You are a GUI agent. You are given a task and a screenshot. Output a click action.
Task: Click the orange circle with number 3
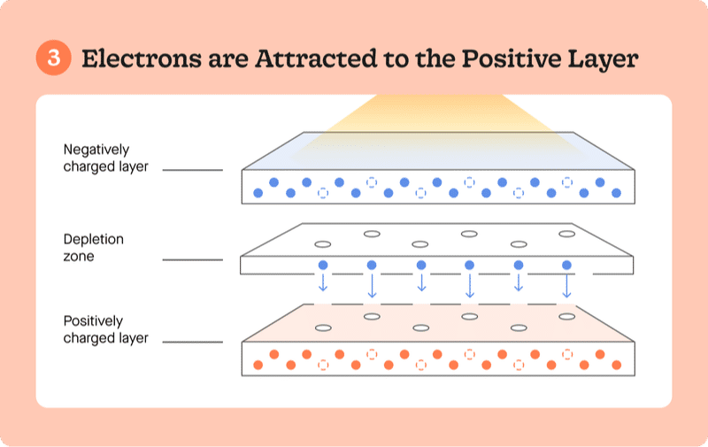coord(54,59)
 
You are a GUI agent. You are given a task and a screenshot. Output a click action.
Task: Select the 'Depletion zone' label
coord(94,248)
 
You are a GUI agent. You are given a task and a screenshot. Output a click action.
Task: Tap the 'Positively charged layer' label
coord(105,329)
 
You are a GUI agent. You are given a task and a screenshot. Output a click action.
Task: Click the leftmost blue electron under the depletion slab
coord(323,266)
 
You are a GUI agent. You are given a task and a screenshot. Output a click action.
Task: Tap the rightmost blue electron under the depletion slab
coord(566,266)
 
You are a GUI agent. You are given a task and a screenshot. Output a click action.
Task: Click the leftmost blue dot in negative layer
coord(258,192)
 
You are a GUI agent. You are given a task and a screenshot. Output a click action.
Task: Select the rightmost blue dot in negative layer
coord(617,192)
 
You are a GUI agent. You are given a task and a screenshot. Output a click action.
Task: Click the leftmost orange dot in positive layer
coord(258,365)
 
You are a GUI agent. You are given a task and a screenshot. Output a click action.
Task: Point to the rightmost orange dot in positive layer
coord(617,365)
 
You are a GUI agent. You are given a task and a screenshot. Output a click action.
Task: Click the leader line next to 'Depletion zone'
coord(193,259)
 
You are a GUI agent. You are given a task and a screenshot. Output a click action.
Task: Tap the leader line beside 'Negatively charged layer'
coord(193,169)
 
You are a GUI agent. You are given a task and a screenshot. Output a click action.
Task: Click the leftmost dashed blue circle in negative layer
coord(323,192)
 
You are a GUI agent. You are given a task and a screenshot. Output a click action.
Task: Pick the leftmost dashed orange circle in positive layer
coord(323,365)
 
